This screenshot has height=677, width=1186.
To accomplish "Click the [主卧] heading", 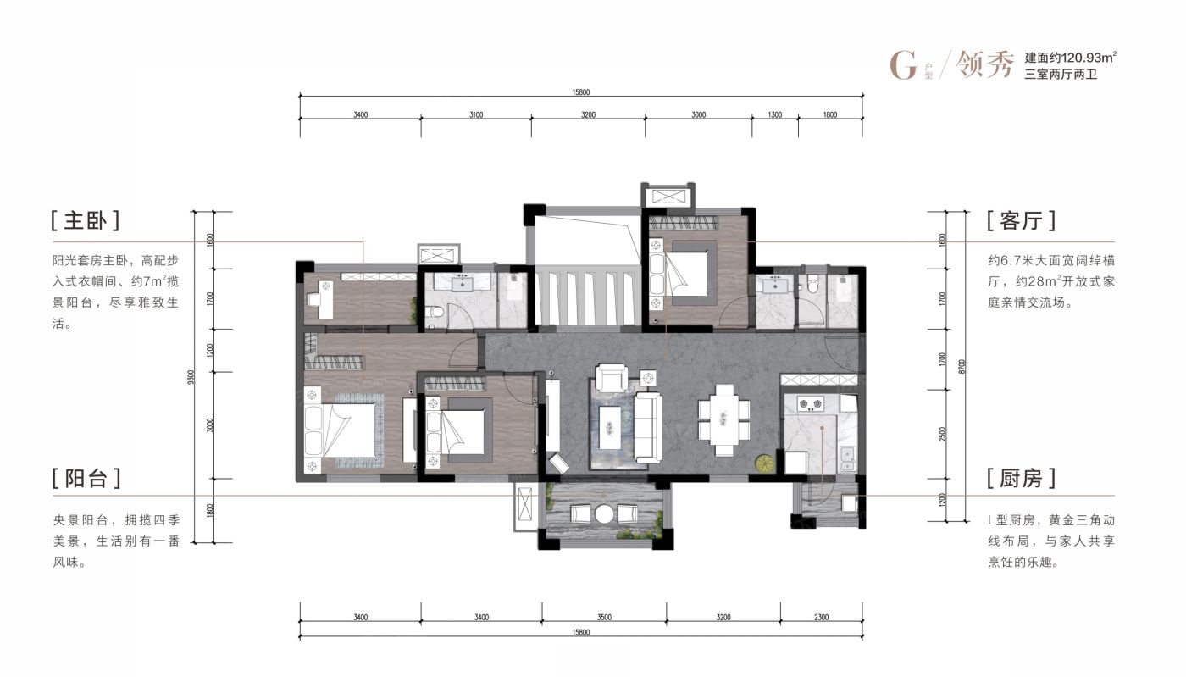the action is [86, 220].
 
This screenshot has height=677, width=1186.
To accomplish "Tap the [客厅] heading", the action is [1022, 220].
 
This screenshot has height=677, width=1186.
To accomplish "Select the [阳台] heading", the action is [86, 479].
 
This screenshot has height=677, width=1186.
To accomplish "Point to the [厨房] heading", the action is [1022, 479].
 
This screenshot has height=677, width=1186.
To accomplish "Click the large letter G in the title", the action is [903, 65].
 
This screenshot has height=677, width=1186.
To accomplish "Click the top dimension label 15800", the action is [581, 92].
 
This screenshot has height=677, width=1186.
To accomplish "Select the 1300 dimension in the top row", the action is [774, 114].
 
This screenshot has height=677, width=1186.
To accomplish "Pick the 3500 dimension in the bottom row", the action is [604, 617].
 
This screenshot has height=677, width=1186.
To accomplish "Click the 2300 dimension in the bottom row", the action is [821, 617].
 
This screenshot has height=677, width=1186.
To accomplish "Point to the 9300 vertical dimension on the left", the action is [191, 377].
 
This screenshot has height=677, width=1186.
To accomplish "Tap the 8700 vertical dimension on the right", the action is [962, 366].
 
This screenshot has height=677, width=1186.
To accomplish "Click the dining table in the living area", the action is [723, 420].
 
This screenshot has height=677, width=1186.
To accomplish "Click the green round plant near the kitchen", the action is [765, 463].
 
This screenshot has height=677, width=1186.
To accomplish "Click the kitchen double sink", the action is [847, 459].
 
